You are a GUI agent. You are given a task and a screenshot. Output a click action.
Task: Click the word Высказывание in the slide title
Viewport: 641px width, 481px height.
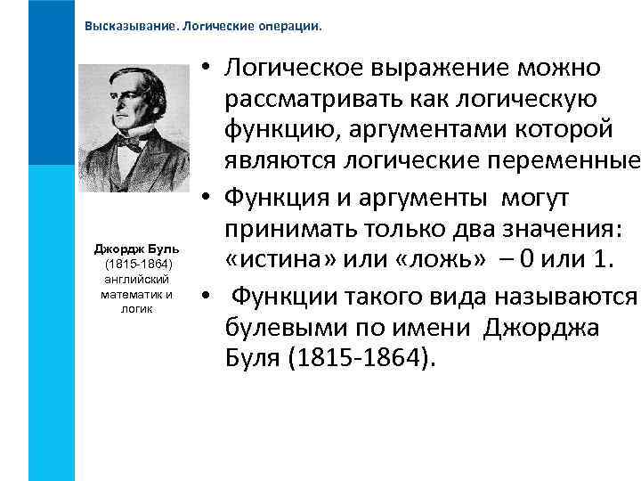[x=130, y=26]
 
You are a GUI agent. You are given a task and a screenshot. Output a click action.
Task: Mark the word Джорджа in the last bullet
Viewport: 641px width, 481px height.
[x=540, y=327]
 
